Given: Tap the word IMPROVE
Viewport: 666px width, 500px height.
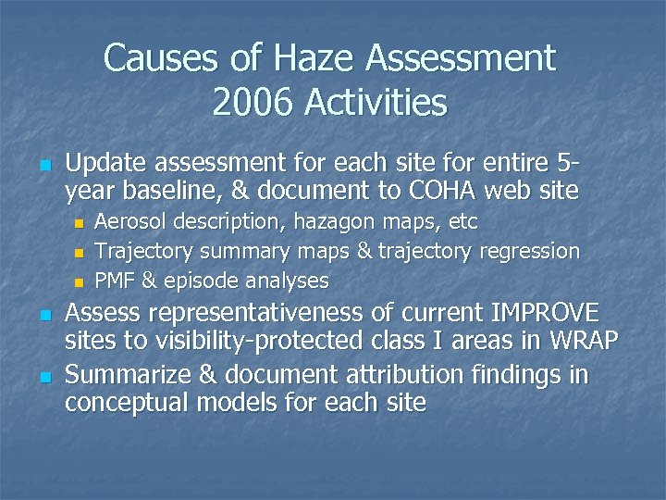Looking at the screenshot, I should [x=534, y=313].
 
